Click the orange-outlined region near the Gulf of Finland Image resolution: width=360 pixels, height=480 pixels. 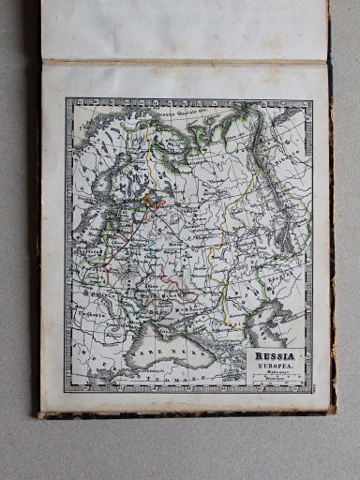(150, 198)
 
